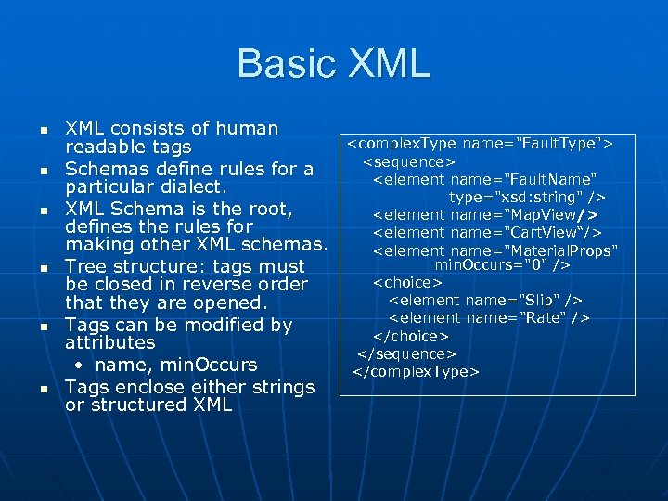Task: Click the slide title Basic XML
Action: (x=334, y=63)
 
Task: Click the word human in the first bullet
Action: (x=245, y=128)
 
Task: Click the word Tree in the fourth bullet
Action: (x=88, y=266)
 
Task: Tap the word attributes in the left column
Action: (x=110, y=342)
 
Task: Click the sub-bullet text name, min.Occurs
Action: (x=175, y=365)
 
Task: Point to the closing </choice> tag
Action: (x=410, y=336)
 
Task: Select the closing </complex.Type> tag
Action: (x=416, y=372)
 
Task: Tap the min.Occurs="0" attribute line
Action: (x=502, y=265)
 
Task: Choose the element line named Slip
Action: (x=485, y=300)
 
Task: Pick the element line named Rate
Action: (x=489, y=317)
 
